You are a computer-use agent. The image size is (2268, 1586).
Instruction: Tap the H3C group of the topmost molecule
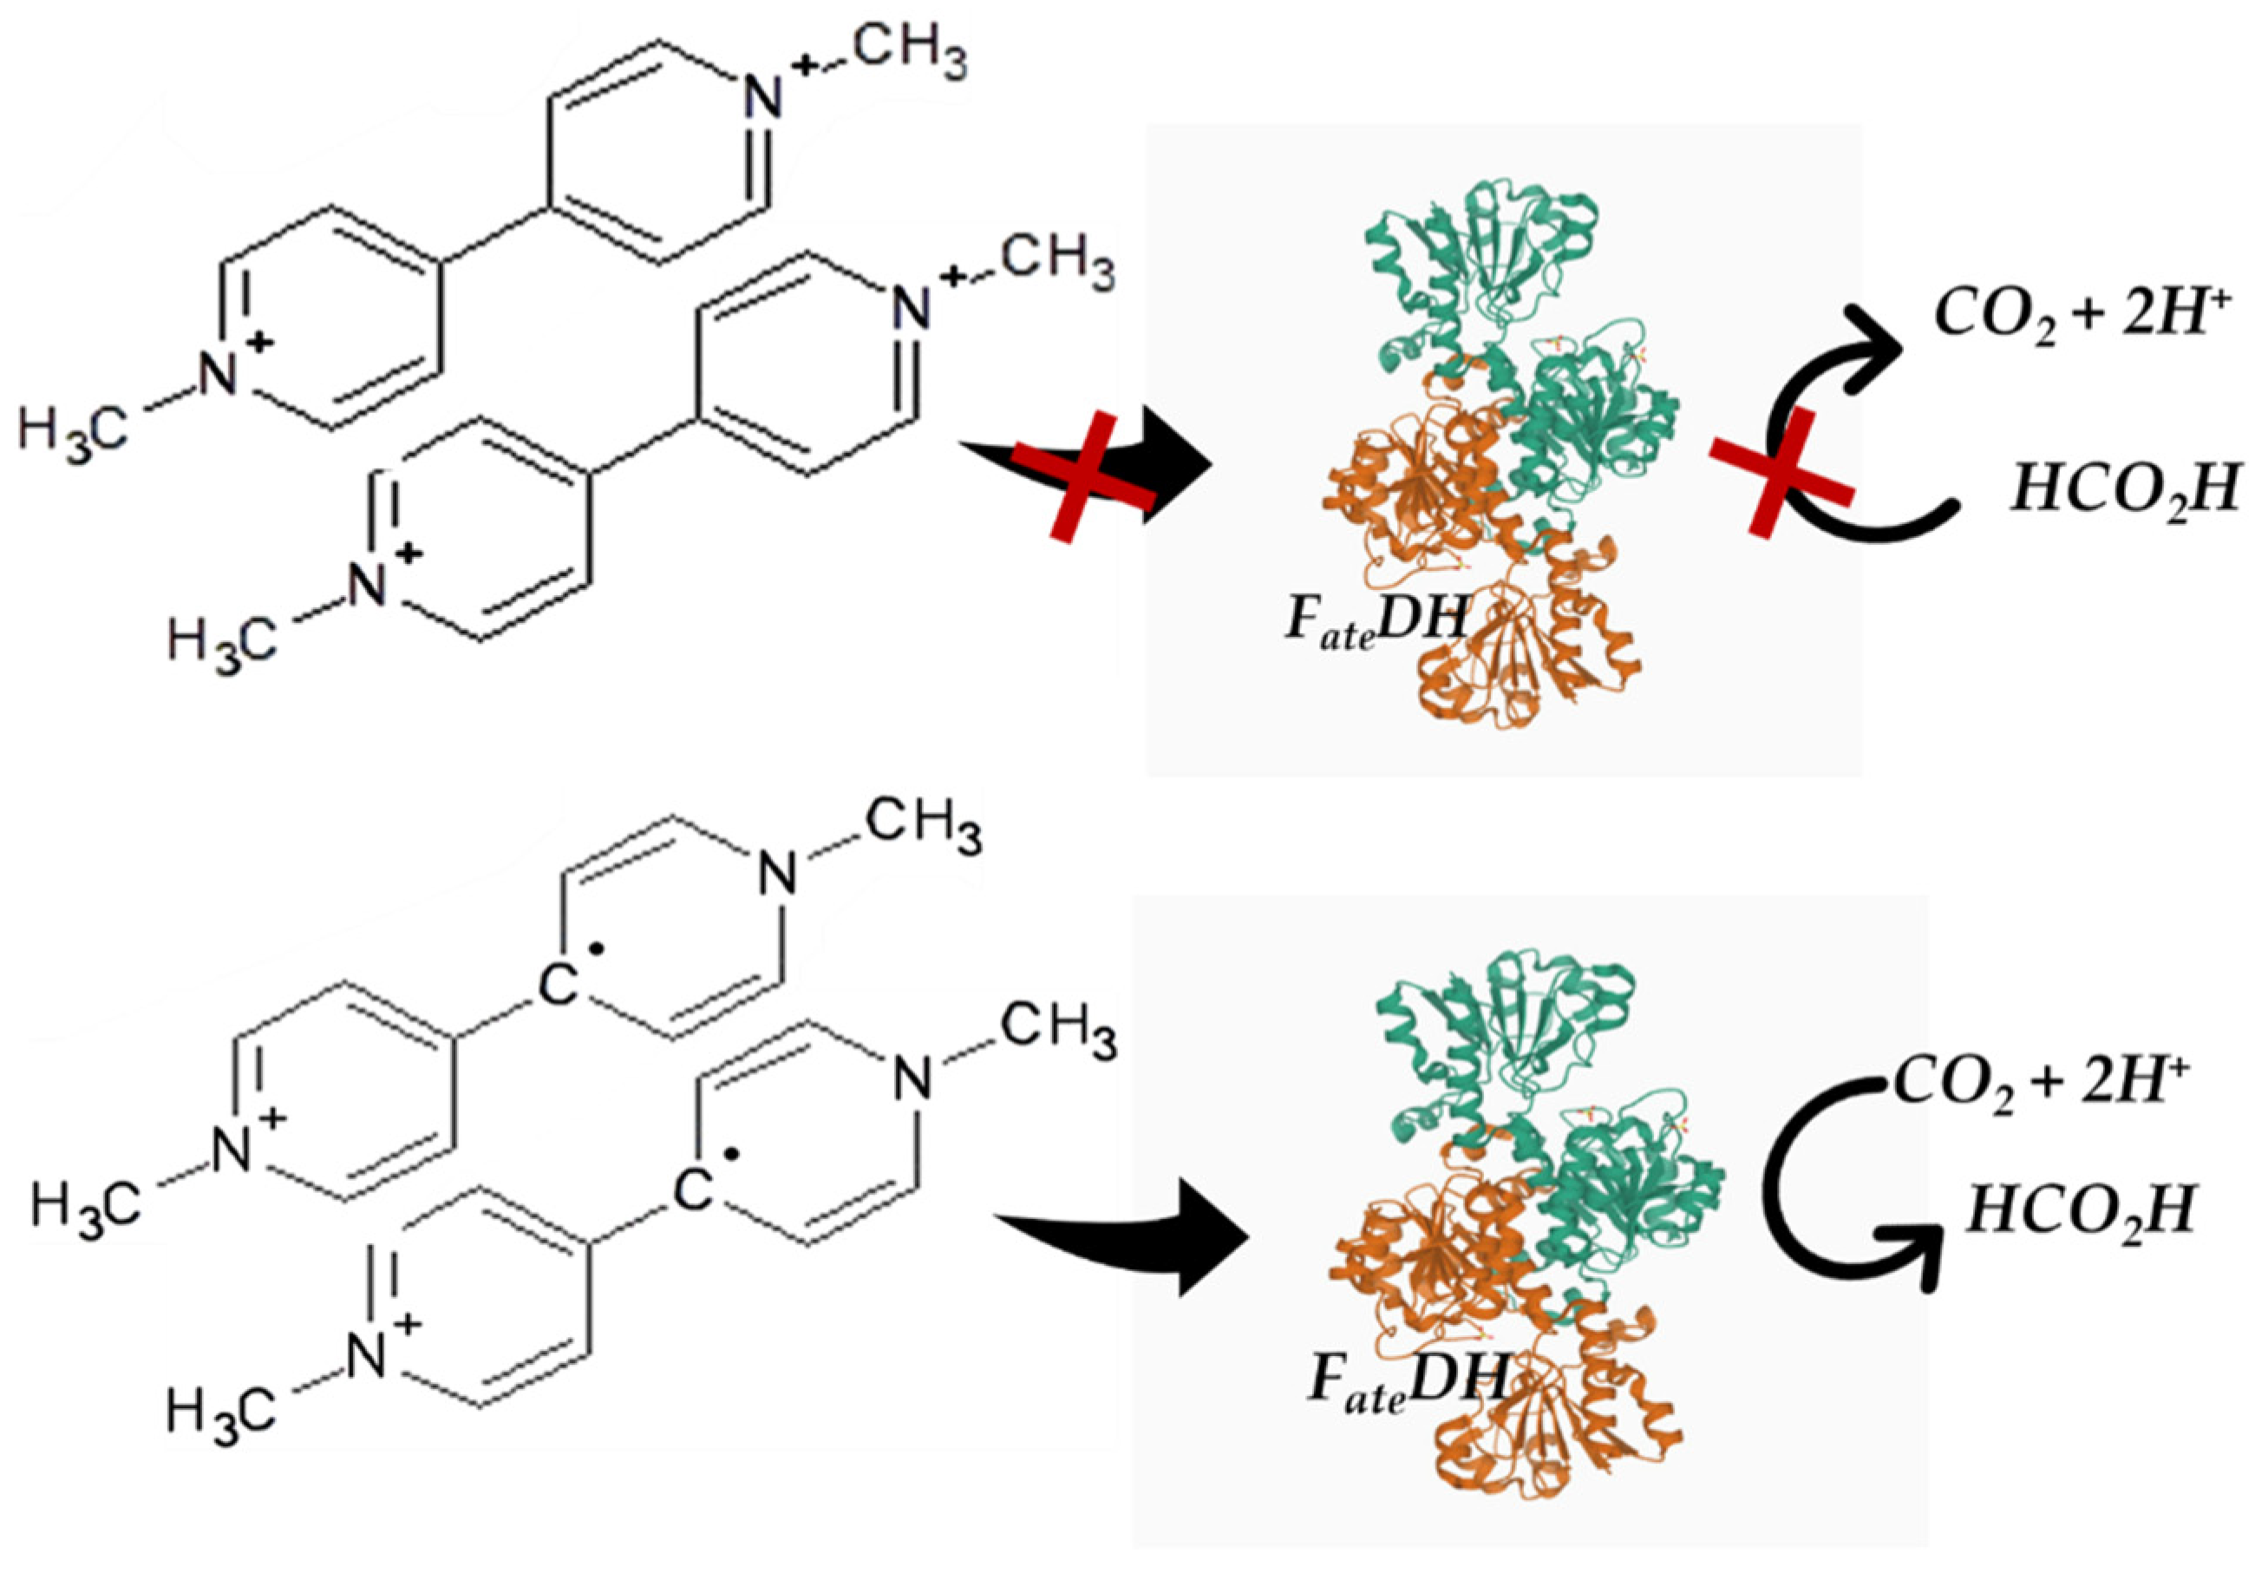click(x=74, y=432)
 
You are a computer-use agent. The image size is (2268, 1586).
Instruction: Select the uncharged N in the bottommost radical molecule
click(x=912, y=1079)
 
